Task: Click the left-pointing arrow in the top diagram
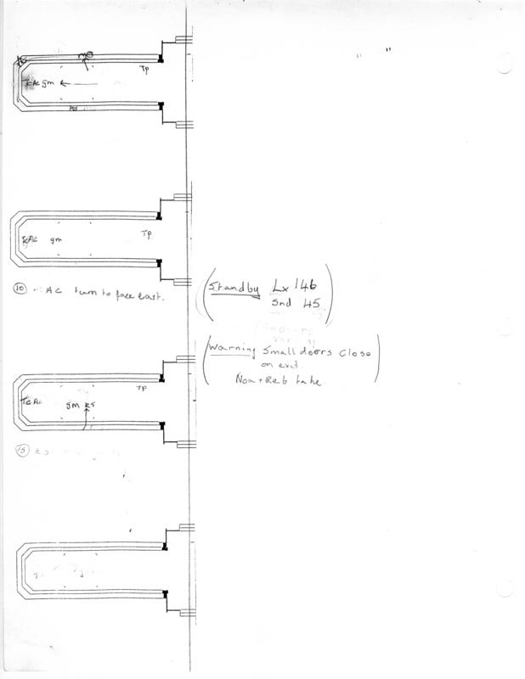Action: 74,83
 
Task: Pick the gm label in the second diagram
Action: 56,240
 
